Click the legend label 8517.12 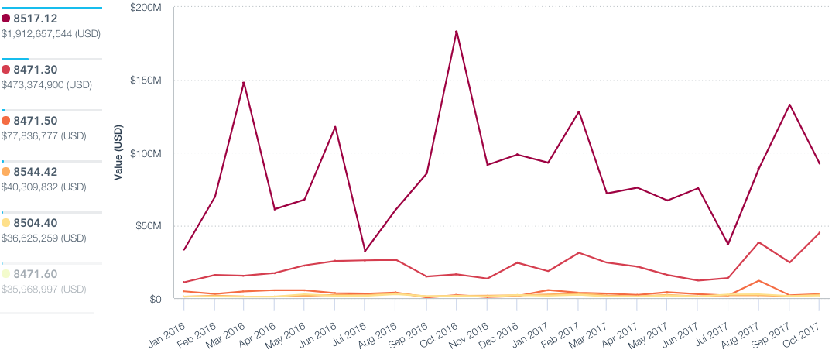click(35, 19)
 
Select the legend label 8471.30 click(35, 70)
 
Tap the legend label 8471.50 click(35, 121)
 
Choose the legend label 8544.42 click(35, 172)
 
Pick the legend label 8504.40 click(35, 223)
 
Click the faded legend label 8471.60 click(35, 274)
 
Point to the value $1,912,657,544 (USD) click(51, 34)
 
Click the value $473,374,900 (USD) click(46, 85)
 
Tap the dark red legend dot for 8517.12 click(6, 19)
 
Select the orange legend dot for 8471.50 click(6, 121)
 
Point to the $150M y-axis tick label click(147, 81)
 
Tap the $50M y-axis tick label click(149, 226)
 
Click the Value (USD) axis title click(118, 153)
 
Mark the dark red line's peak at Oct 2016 click(457, 31)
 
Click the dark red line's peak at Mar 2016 click(244, 82)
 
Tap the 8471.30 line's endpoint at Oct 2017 click(820, 232)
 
